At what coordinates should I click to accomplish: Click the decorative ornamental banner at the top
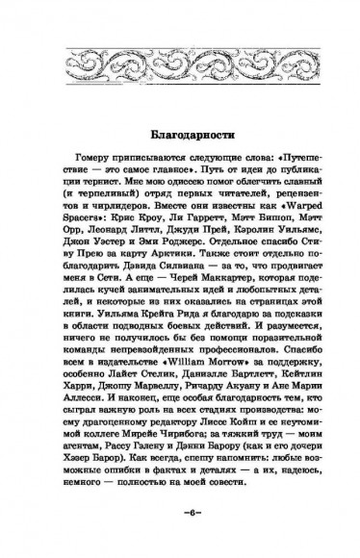180,60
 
